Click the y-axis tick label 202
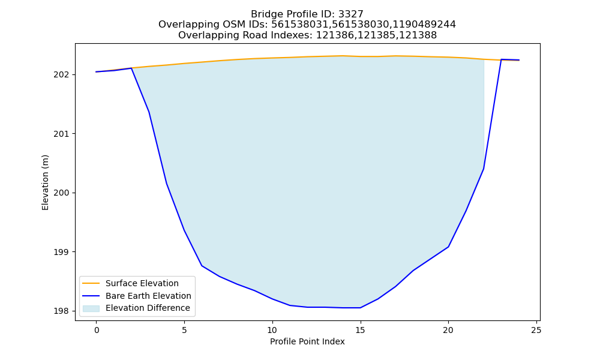62,74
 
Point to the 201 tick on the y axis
62,134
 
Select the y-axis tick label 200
62,193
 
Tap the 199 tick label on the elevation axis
62,252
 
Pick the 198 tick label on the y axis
62,311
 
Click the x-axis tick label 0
97,330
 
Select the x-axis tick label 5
184,330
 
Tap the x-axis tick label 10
272,330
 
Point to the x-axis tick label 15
360,330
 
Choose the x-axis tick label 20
448,330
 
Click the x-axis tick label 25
536,330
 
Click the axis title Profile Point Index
307,341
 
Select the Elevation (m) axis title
45,182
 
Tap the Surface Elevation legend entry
142,283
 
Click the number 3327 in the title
351,14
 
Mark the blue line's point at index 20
448,247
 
